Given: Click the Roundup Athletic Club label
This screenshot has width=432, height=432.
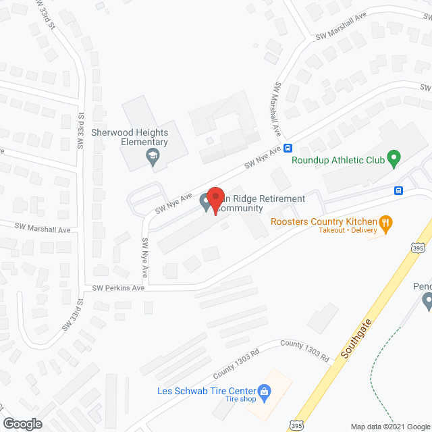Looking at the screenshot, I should pyautogui.click(x=337, y=161).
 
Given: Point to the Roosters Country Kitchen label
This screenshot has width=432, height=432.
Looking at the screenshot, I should pyautogui.click(x=323, y=221).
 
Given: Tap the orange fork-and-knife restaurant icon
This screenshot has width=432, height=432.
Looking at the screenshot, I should pyautogui.click(x=385, y=221).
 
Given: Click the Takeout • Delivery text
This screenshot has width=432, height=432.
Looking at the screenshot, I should pyautogui.click(x=347, y=231).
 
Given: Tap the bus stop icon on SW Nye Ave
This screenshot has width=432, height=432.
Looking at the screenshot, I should pyautogui.click(x=288, y=148).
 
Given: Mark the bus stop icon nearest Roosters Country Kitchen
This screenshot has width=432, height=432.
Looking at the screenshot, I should pyautogui.click(x=399, y=191).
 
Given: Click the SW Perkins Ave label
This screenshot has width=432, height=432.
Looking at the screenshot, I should pyautogui.click(x=119, y=288).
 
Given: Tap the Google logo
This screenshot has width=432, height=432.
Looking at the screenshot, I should pyautogui.click(x=22, y=423).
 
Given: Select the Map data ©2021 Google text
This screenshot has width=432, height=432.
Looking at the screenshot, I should pyautogui.click(x=388, y=426).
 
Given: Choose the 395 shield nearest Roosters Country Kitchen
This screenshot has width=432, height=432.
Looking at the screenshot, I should pyautogui.click(x=418, y=248).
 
